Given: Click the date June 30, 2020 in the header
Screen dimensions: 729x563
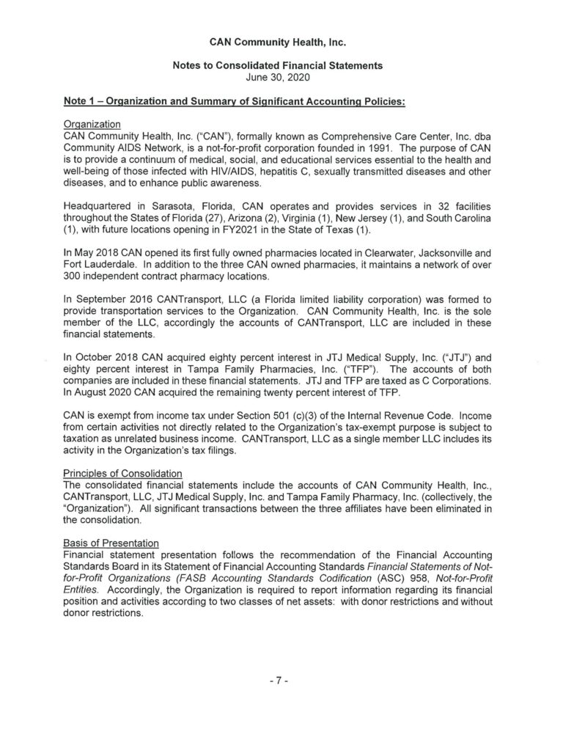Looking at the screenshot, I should [x=281, y=76].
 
